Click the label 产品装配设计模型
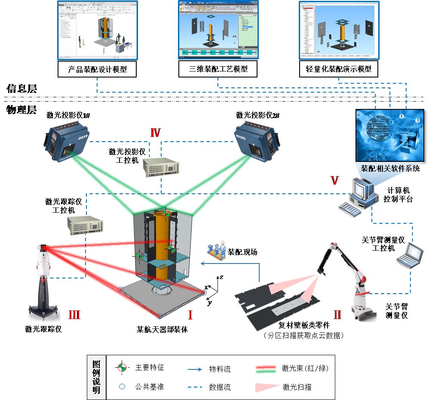98,69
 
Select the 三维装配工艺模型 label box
218,69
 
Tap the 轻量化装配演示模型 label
338,69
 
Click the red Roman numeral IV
155,133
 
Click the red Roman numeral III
74,315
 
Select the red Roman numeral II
337,315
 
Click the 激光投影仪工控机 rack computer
161,168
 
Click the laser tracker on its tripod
45,280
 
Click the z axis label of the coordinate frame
221,277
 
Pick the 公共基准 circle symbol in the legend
122,387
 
